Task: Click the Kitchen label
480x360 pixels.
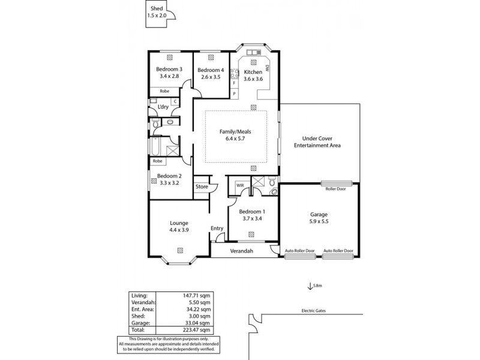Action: [x=253, y=71]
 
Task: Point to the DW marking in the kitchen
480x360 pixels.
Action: [x=268, y=68]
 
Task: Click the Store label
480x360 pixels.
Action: [x=202, y=187]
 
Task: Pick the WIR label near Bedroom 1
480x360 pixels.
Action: [x=240, y=185]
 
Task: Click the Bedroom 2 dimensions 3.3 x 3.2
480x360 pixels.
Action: [x=169, y=183]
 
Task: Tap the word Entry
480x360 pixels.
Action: [x=217, y=228]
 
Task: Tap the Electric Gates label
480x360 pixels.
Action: [x=314, y=311]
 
